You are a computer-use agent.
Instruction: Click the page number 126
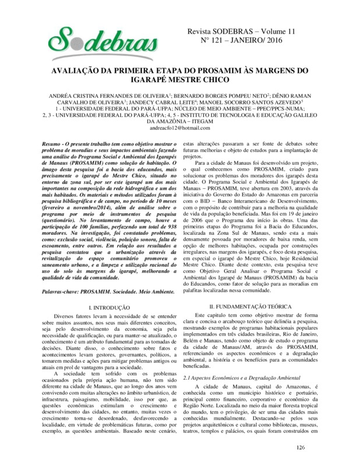tap(301, 447)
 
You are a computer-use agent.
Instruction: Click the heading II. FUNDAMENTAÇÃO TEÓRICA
tap(251, 306)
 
